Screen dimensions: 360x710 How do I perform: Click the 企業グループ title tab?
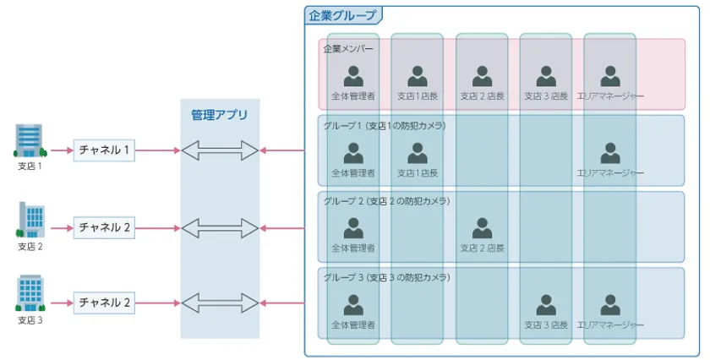[342, 15]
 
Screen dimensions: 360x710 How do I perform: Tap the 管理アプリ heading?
[219, 114]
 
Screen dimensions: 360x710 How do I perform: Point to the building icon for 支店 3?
[30, 293]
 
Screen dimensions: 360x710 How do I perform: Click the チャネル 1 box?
[104, 150]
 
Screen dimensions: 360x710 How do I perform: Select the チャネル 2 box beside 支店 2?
[104, 227]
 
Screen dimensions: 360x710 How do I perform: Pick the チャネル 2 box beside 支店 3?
[104, 302]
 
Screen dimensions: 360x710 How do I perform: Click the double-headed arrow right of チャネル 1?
[220, 150]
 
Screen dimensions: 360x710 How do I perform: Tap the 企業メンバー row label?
[347, 48]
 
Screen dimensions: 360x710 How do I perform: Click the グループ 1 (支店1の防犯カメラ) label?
[384, 126]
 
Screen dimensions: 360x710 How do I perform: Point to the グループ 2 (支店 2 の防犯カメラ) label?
[386, 201]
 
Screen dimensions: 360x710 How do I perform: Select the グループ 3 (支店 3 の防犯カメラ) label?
[386, 277]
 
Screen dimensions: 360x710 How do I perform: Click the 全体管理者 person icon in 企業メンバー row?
[353, 76]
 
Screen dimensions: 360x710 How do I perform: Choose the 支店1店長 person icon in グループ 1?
[418, 153]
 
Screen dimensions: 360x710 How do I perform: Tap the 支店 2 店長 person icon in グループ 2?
[482, 228]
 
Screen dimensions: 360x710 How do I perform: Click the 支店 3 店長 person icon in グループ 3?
[546, 304]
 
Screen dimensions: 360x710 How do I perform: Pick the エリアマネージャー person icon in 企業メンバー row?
[610, 76]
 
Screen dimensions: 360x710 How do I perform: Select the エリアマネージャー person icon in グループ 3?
[610, 304]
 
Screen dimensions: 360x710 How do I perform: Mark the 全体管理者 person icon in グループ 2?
[353, 228]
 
